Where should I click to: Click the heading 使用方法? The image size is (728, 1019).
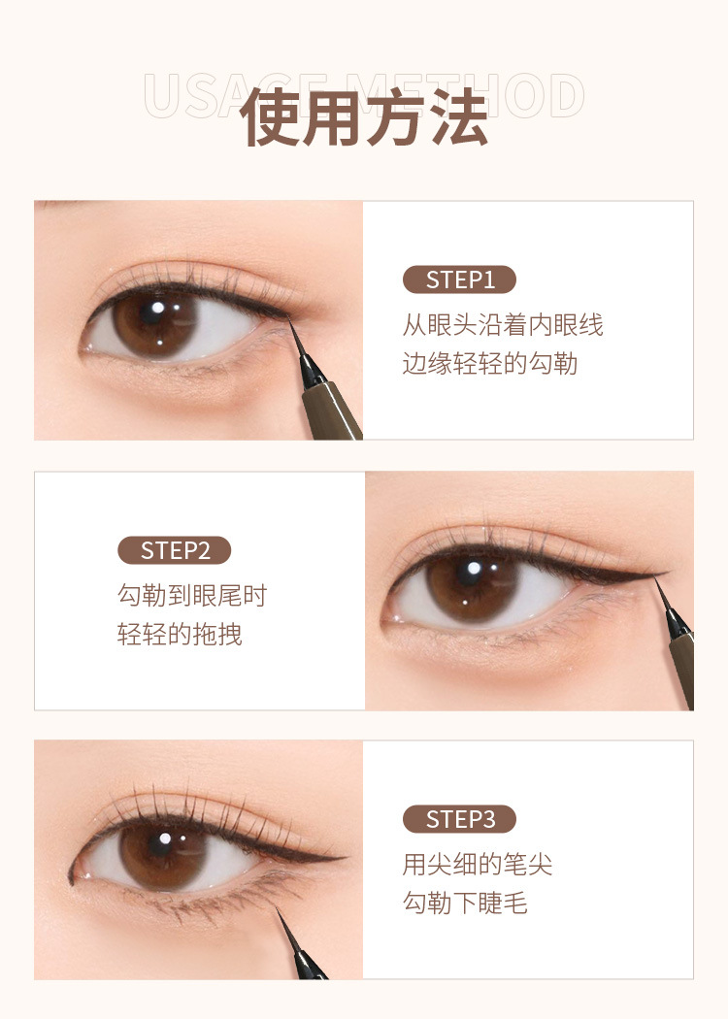(364, 118)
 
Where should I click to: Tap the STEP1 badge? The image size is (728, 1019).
(459, 280)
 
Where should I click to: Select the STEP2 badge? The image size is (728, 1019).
(175, 550)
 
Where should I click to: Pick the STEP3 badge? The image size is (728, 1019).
(459, 819)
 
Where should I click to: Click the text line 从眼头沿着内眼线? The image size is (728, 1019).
(503, 324)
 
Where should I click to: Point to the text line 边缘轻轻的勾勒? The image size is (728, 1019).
(490, 363)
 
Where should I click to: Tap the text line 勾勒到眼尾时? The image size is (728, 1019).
(191, 595)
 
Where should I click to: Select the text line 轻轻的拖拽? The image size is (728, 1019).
(180, 635)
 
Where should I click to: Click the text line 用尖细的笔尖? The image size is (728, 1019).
(478, 864)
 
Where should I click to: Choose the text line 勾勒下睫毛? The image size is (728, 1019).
(465, 903)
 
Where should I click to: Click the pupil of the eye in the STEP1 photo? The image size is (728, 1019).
(155, 316)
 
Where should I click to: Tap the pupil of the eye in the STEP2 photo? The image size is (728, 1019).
(474, 577)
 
